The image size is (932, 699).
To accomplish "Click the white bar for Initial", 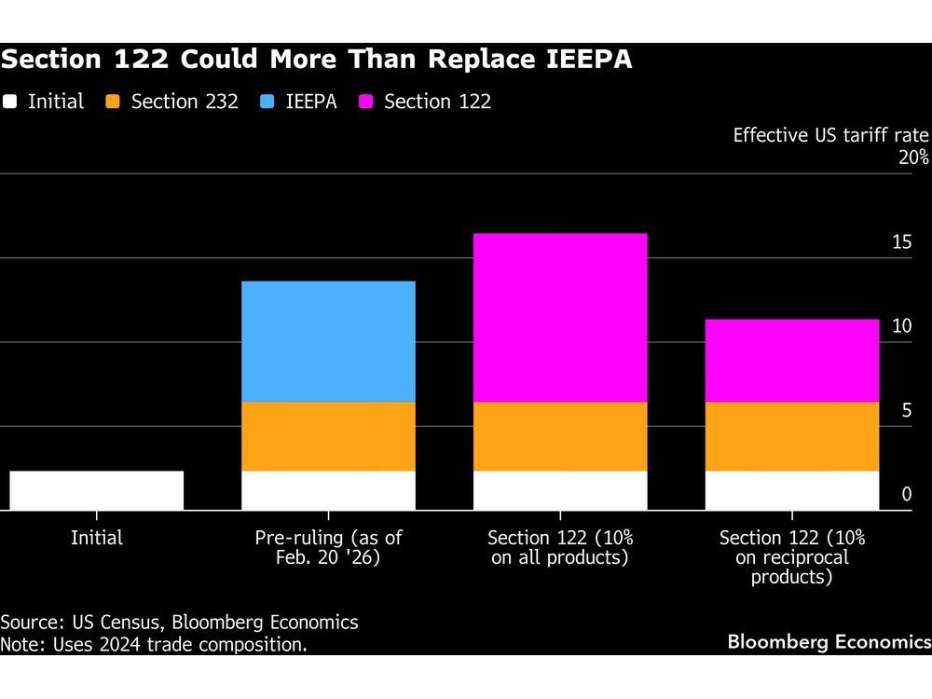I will (96, 490).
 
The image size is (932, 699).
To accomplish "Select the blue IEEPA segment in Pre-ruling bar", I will (328, 341).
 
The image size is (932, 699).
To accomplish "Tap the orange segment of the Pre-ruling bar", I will (328, 436).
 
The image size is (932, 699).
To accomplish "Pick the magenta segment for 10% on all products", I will (559, 317).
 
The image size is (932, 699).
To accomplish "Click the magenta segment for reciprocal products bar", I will (791, 360).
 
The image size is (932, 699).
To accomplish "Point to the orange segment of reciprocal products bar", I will (791, 436).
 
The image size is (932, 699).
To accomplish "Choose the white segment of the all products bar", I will (559, 490).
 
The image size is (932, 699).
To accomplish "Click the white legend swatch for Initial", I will (10, 102).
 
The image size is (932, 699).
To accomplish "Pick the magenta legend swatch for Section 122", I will (366, 102).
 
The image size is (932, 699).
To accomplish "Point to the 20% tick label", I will (913, 158).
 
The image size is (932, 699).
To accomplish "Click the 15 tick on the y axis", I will (901, 242).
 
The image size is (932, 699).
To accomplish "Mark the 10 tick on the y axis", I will (901, 326).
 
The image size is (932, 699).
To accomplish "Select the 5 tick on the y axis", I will (906, 410).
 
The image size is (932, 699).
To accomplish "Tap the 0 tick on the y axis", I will (906, 494).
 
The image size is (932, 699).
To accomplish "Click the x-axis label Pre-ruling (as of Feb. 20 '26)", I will (328, 548).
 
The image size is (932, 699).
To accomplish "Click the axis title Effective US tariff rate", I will (830, 135).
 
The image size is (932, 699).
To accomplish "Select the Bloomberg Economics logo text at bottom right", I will (829, 641).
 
